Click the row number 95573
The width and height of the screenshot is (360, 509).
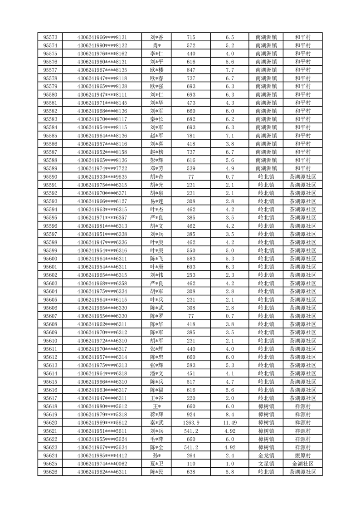(50, 37)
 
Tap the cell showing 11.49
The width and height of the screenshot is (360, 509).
(229, 423)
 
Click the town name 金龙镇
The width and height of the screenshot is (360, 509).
(266, 456)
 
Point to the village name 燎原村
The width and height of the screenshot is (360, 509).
(302, 456)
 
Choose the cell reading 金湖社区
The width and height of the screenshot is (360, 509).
(302, 464)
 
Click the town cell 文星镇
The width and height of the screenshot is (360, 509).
(266, 464)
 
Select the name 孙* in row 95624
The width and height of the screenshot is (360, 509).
(157, 456)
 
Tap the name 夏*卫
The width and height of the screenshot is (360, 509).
(157, 464)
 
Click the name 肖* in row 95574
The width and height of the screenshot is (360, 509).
(157, 45)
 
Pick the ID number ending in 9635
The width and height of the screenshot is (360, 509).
(102, 176)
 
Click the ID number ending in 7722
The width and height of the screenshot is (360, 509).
(102, 168)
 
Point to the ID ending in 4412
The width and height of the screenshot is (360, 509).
(102, 456)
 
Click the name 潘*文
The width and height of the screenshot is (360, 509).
(157, 373)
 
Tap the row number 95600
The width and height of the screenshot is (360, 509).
(50, 259)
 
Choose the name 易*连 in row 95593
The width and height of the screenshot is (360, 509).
(157, 201)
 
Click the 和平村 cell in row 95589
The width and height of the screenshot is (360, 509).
(302, 168)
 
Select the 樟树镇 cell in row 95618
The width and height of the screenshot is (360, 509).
(266, 406)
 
